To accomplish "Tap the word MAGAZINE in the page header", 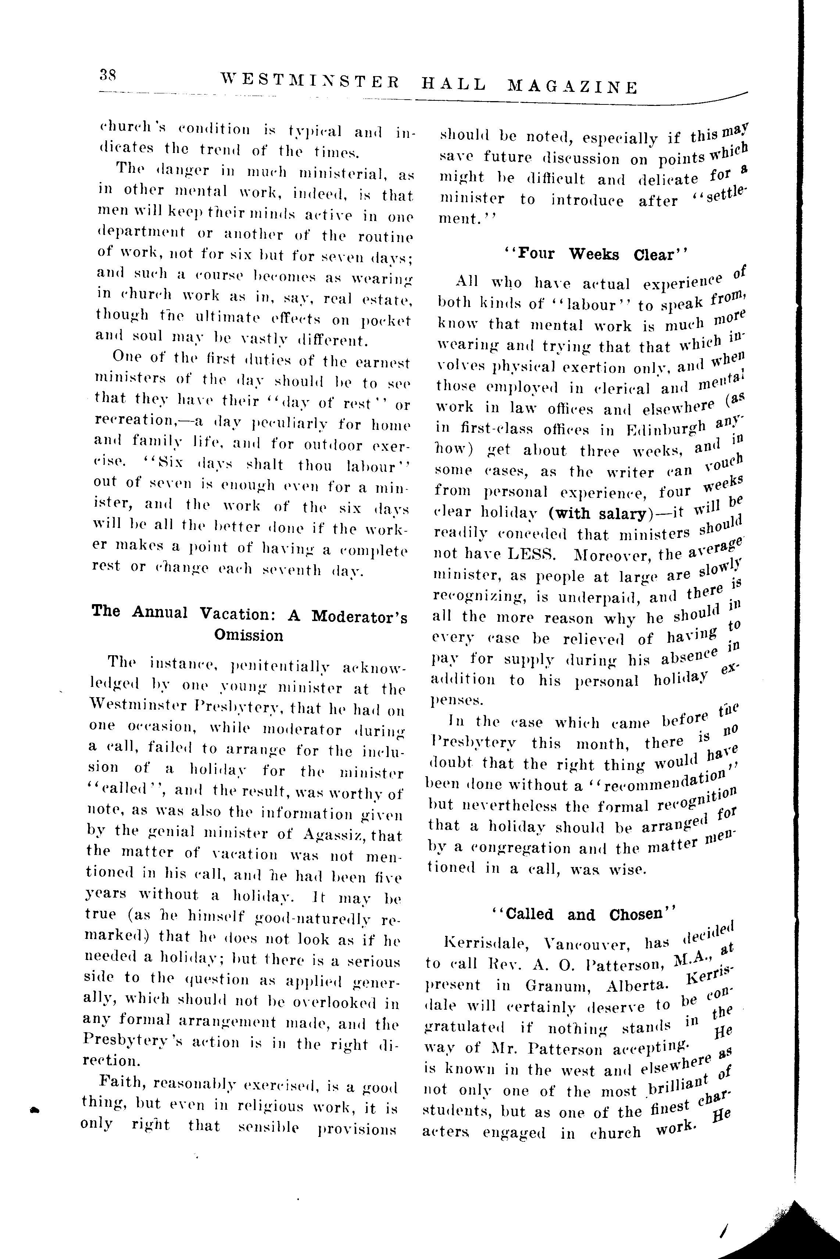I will [572, 86].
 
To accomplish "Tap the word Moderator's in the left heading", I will [359, 616].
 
